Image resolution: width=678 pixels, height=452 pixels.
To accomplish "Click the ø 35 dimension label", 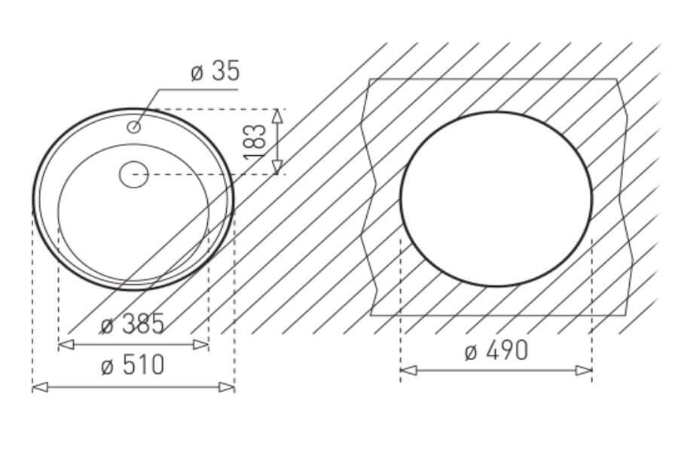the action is (x=215, y=72).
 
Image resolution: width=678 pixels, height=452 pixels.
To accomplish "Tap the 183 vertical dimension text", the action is (x=255, y=142).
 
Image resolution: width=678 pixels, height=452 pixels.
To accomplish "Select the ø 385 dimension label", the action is (x=133, y=324).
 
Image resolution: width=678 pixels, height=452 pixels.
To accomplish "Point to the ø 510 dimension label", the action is (x=133, y=365).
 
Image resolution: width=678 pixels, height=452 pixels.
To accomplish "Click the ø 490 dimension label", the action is (x=496, y=350).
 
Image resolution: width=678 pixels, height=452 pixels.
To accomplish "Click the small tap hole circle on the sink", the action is (x=134, y=127).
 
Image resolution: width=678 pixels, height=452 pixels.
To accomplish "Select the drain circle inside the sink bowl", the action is (x=134, y=174).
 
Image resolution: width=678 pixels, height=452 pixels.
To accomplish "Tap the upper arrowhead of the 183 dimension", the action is (x=277, y=116).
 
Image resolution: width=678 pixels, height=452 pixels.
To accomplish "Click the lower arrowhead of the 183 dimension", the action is (x=277, y=167).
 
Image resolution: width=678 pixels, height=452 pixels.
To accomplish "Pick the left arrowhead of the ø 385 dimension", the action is (x=66, y=345).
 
